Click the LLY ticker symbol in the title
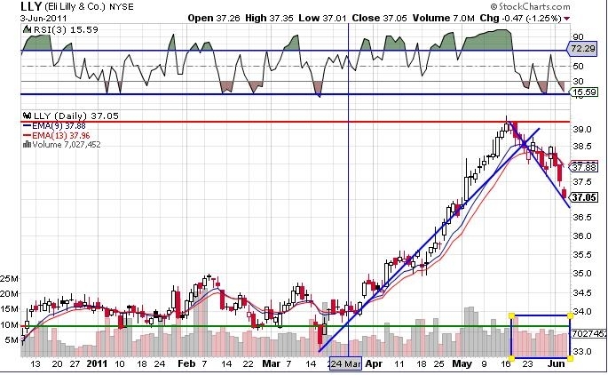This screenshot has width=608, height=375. (x=31, y=6)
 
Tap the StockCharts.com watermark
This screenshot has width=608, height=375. (x=530, y=6)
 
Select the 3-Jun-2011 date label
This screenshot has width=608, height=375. (x=43, y=19)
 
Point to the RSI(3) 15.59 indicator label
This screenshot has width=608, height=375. (x=63, y=29)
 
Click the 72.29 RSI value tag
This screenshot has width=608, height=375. (x=582, y=49)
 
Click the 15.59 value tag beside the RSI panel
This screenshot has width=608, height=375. (x=583, y=92)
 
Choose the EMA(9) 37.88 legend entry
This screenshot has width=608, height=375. (x=55, y=126)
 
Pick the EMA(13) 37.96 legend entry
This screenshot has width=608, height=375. (x=57, y=135)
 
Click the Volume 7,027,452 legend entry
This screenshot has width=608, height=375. (x=62, y=145)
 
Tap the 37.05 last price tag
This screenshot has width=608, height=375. (x=584, y=197)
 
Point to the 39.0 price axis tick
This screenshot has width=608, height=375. (x=582, y=129)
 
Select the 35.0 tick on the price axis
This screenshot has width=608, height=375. (x=582, y=274)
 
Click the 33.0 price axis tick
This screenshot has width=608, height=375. (x=582, y=351)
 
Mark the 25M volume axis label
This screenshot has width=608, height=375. (x=9, y=279)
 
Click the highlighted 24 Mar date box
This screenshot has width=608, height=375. (x=345, y=364)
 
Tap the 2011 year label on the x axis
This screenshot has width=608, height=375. (x=97, y=363)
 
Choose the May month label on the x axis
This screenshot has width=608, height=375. (x=462, y=363)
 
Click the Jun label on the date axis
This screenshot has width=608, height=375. (x=557, y=363)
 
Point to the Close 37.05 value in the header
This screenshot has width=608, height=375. (x=380, y=19)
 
